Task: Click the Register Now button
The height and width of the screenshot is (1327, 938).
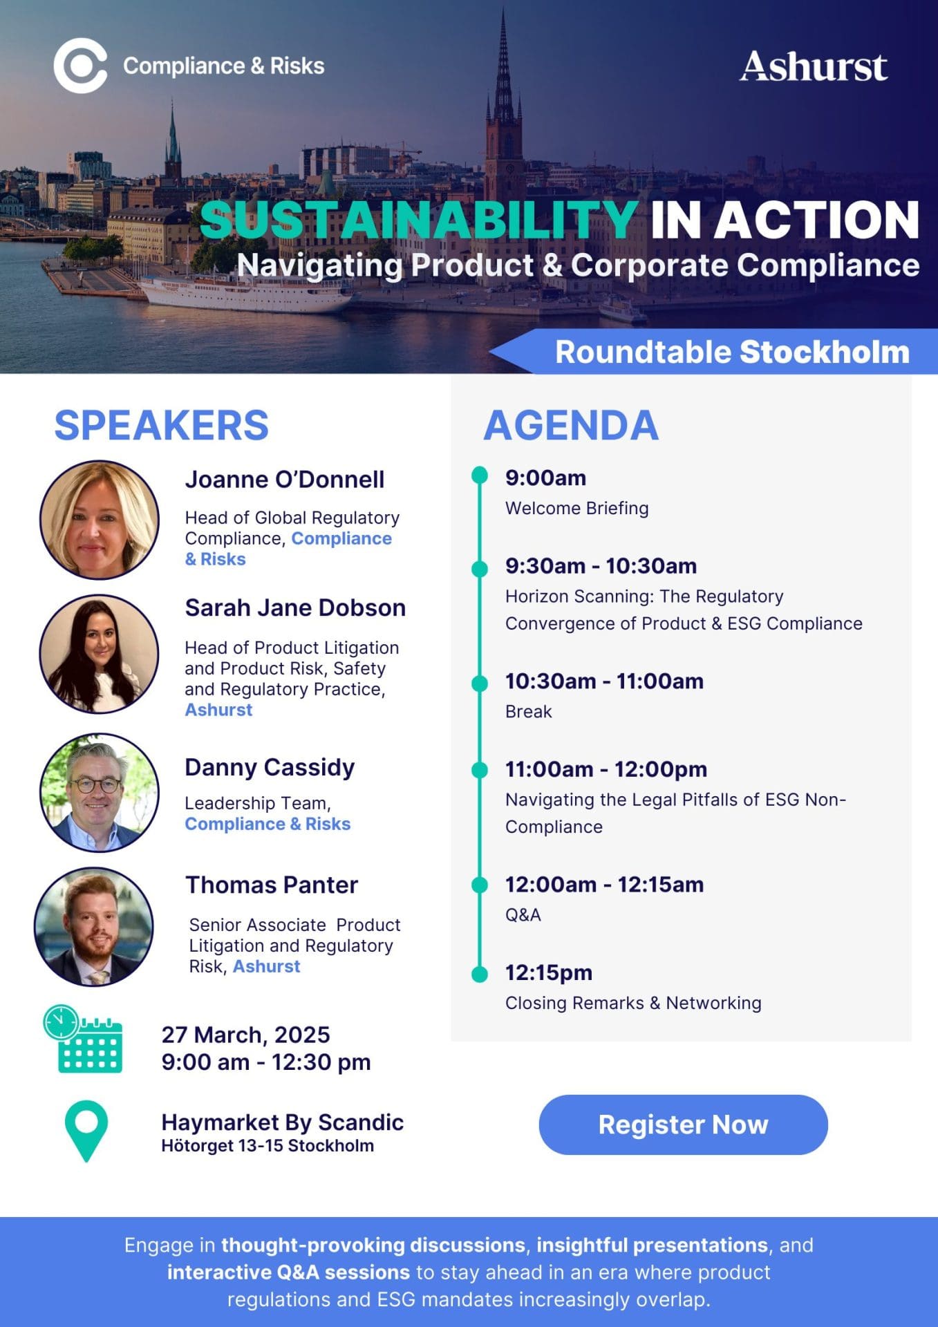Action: [x=683, y=1124]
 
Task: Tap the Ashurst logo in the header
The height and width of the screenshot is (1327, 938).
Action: [x=814, y=66]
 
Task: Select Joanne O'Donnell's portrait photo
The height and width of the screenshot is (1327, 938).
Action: [x=100, y=520]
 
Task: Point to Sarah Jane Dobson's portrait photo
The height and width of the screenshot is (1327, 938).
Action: [x=100, y=654]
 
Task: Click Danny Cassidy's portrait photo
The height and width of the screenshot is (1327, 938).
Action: [x=100, y=792]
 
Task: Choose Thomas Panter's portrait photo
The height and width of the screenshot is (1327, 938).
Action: [x=94, y=927]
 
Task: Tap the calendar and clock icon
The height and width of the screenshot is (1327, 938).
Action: [x=83, y=1039]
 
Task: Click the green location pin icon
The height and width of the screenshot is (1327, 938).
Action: [x=86, y=1131]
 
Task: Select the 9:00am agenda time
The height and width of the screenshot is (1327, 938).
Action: [x=545, y=478]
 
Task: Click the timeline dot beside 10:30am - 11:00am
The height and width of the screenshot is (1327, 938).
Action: [x=480, y=683]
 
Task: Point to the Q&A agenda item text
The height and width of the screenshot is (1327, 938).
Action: [x=523, y=914]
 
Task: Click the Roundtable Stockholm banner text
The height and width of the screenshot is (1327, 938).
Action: [x=732, y=352]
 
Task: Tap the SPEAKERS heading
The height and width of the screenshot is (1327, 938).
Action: [x=162, y=425]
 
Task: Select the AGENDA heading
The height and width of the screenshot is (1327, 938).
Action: [x=571, y=425]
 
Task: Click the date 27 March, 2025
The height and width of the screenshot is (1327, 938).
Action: [x=246, y=1035]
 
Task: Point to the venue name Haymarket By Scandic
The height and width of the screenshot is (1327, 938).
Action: [x=283, y=1122]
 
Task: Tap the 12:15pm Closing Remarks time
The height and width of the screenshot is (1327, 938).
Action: [x=549, y=972]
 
